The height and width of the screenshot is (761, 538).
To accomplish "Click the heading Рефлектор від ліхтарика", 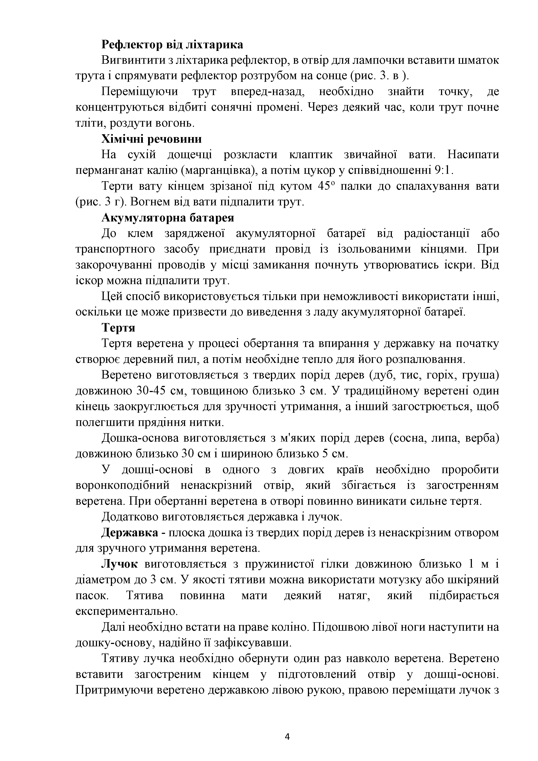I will tap(172, 44).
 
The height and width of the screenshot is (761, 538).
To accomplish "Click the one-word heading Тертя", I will tap(118, 328).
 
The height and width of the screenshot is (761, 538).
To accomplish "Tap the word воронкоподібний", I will tap(123, 486).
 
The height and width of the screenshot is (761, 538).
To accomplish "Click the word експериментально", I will tap(127, 611).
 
